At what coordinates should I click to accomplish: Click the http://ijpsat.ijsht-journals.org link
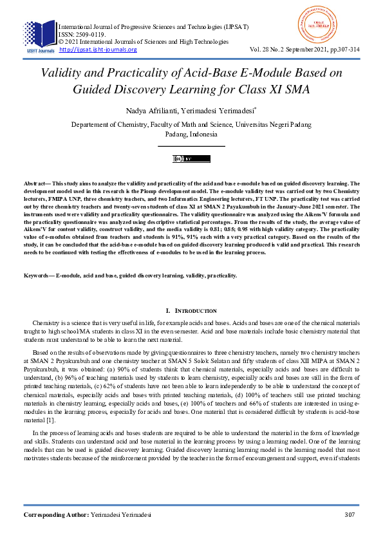[x=98, y=50]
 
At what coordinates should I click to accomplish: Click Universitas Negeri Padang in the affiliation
[x=252, y=124]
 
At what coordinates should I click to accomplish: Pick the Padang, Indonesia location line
[x=191, y=135]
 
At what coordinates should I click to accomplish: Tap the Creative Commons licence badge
[x=191, y=158]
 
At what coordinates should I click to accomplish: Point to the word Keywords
[x=38, y=276]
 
